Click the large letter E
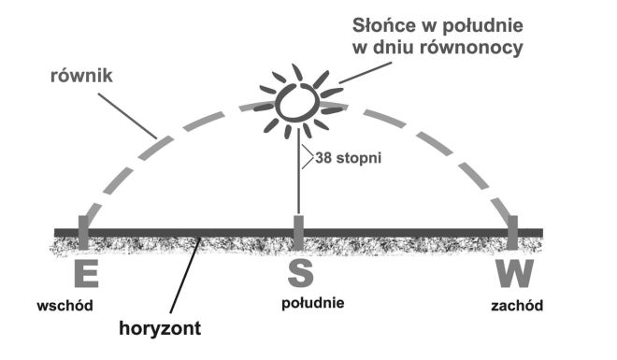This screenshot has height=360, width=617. click(84, 274)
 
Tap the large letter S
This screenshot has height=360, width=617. click(299, 274)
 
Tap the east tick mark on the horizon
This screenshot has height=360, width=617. click(83, 230)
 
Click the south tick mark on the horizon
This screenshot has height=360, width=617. click(298, 230)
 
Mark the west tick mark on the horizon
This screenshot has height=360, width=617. click(513, 230)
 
